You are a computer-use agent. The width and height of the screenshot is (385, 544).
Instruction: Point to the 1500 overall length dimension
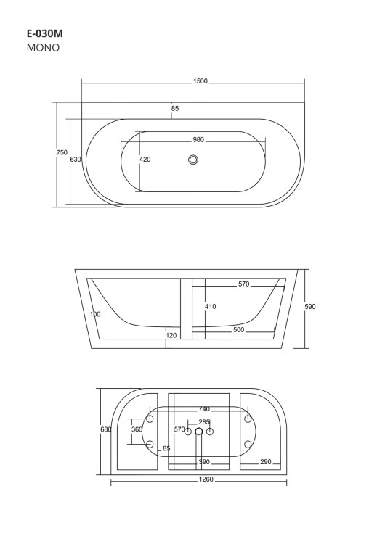tap(200, 81)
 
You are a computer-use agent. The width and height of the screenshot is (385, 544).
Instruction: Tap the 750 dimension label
tap(62, 152)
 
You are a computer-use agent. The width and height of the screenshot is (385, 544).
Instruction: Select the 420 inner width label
tap(145, 160)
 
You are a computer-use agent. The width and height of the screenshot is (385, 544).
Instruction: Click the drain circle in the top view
tap(193, 160)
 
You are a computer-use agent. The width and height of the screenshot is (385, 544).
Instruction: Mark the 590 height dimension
tap(310, 307)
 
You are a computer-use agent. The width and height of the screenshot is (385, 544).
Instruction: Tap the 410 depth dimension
tap(210, 307)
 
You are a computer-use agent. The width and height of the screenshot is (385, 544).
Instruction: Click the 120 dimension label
tap(171, 336)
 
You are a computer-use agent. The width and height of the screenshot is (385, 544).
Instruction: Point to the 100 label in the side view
tap(95, 314)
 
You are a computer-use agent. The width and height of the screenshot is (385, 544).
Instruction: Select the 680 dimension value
tap(105, 429)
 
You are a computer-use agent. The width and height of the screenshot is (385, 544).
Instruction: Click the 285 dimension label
tap(204, 421)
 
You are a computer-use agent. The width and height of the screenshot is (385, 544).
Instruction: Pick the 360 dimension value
tap(137, 429)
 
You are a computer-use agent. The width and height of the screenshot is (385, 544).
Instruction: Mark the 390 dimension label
tap(204, 461)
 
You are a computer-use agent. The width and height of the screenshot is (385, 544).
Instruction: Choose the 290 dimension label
tap(266, 461)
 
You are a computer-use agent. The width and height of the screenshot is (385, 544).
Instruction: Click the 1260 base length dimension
tap(198, 479)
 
